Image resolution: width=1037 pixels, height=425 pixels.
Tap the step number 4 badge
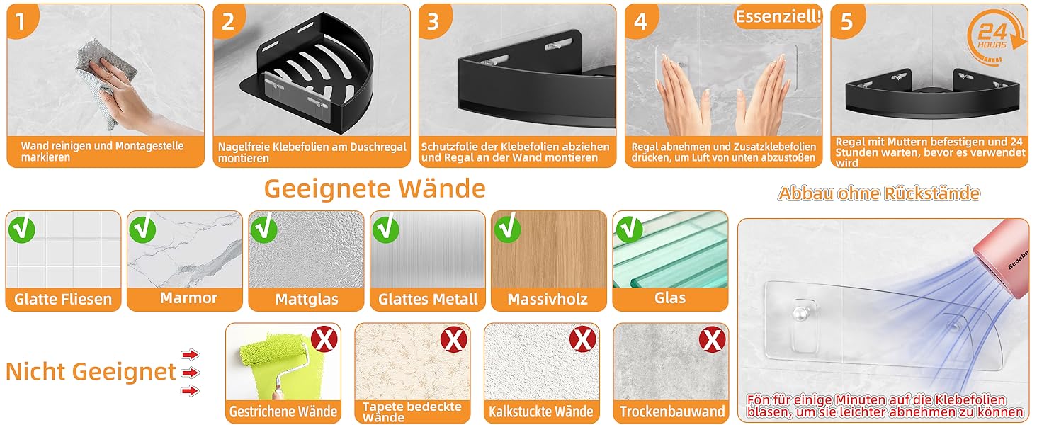(640, 21)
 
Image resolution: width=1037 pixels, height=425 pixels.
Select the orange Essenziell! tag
(778, 17)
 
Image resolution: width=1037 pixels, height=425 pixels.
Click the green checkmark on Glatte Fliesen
(21, 229)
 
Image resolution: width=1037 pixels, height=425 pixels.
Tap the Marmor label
(188, 297)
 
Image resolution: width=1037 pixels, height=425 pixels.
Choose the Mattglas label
(307, 299)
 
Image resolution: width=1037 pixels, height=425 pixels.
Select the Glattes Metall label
(428, 299)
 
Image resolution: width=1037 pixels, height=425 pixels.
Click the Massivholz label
(548, 299)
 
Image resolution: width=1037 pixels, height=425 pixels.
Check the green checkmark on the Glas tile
(628, 229)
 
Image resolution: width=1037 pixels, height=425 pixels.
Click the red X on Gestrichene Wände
(324, 340)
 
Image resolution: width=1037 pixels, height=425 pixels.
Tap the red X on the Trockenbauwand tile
(712, 340)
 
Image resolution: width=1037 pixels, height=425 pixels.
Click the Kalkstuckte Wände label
(540, 411)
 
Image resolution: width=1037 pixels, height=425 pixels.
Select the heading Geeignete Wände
(375, 189)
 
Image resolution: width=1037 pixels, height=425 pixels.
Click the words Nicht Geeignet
(91, 372)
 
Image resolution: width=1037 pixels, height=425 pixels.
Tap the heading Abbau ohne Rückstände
(878, 193)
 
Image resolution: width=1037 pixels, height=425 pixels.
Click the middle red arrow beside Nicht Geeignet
(191, 373)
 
